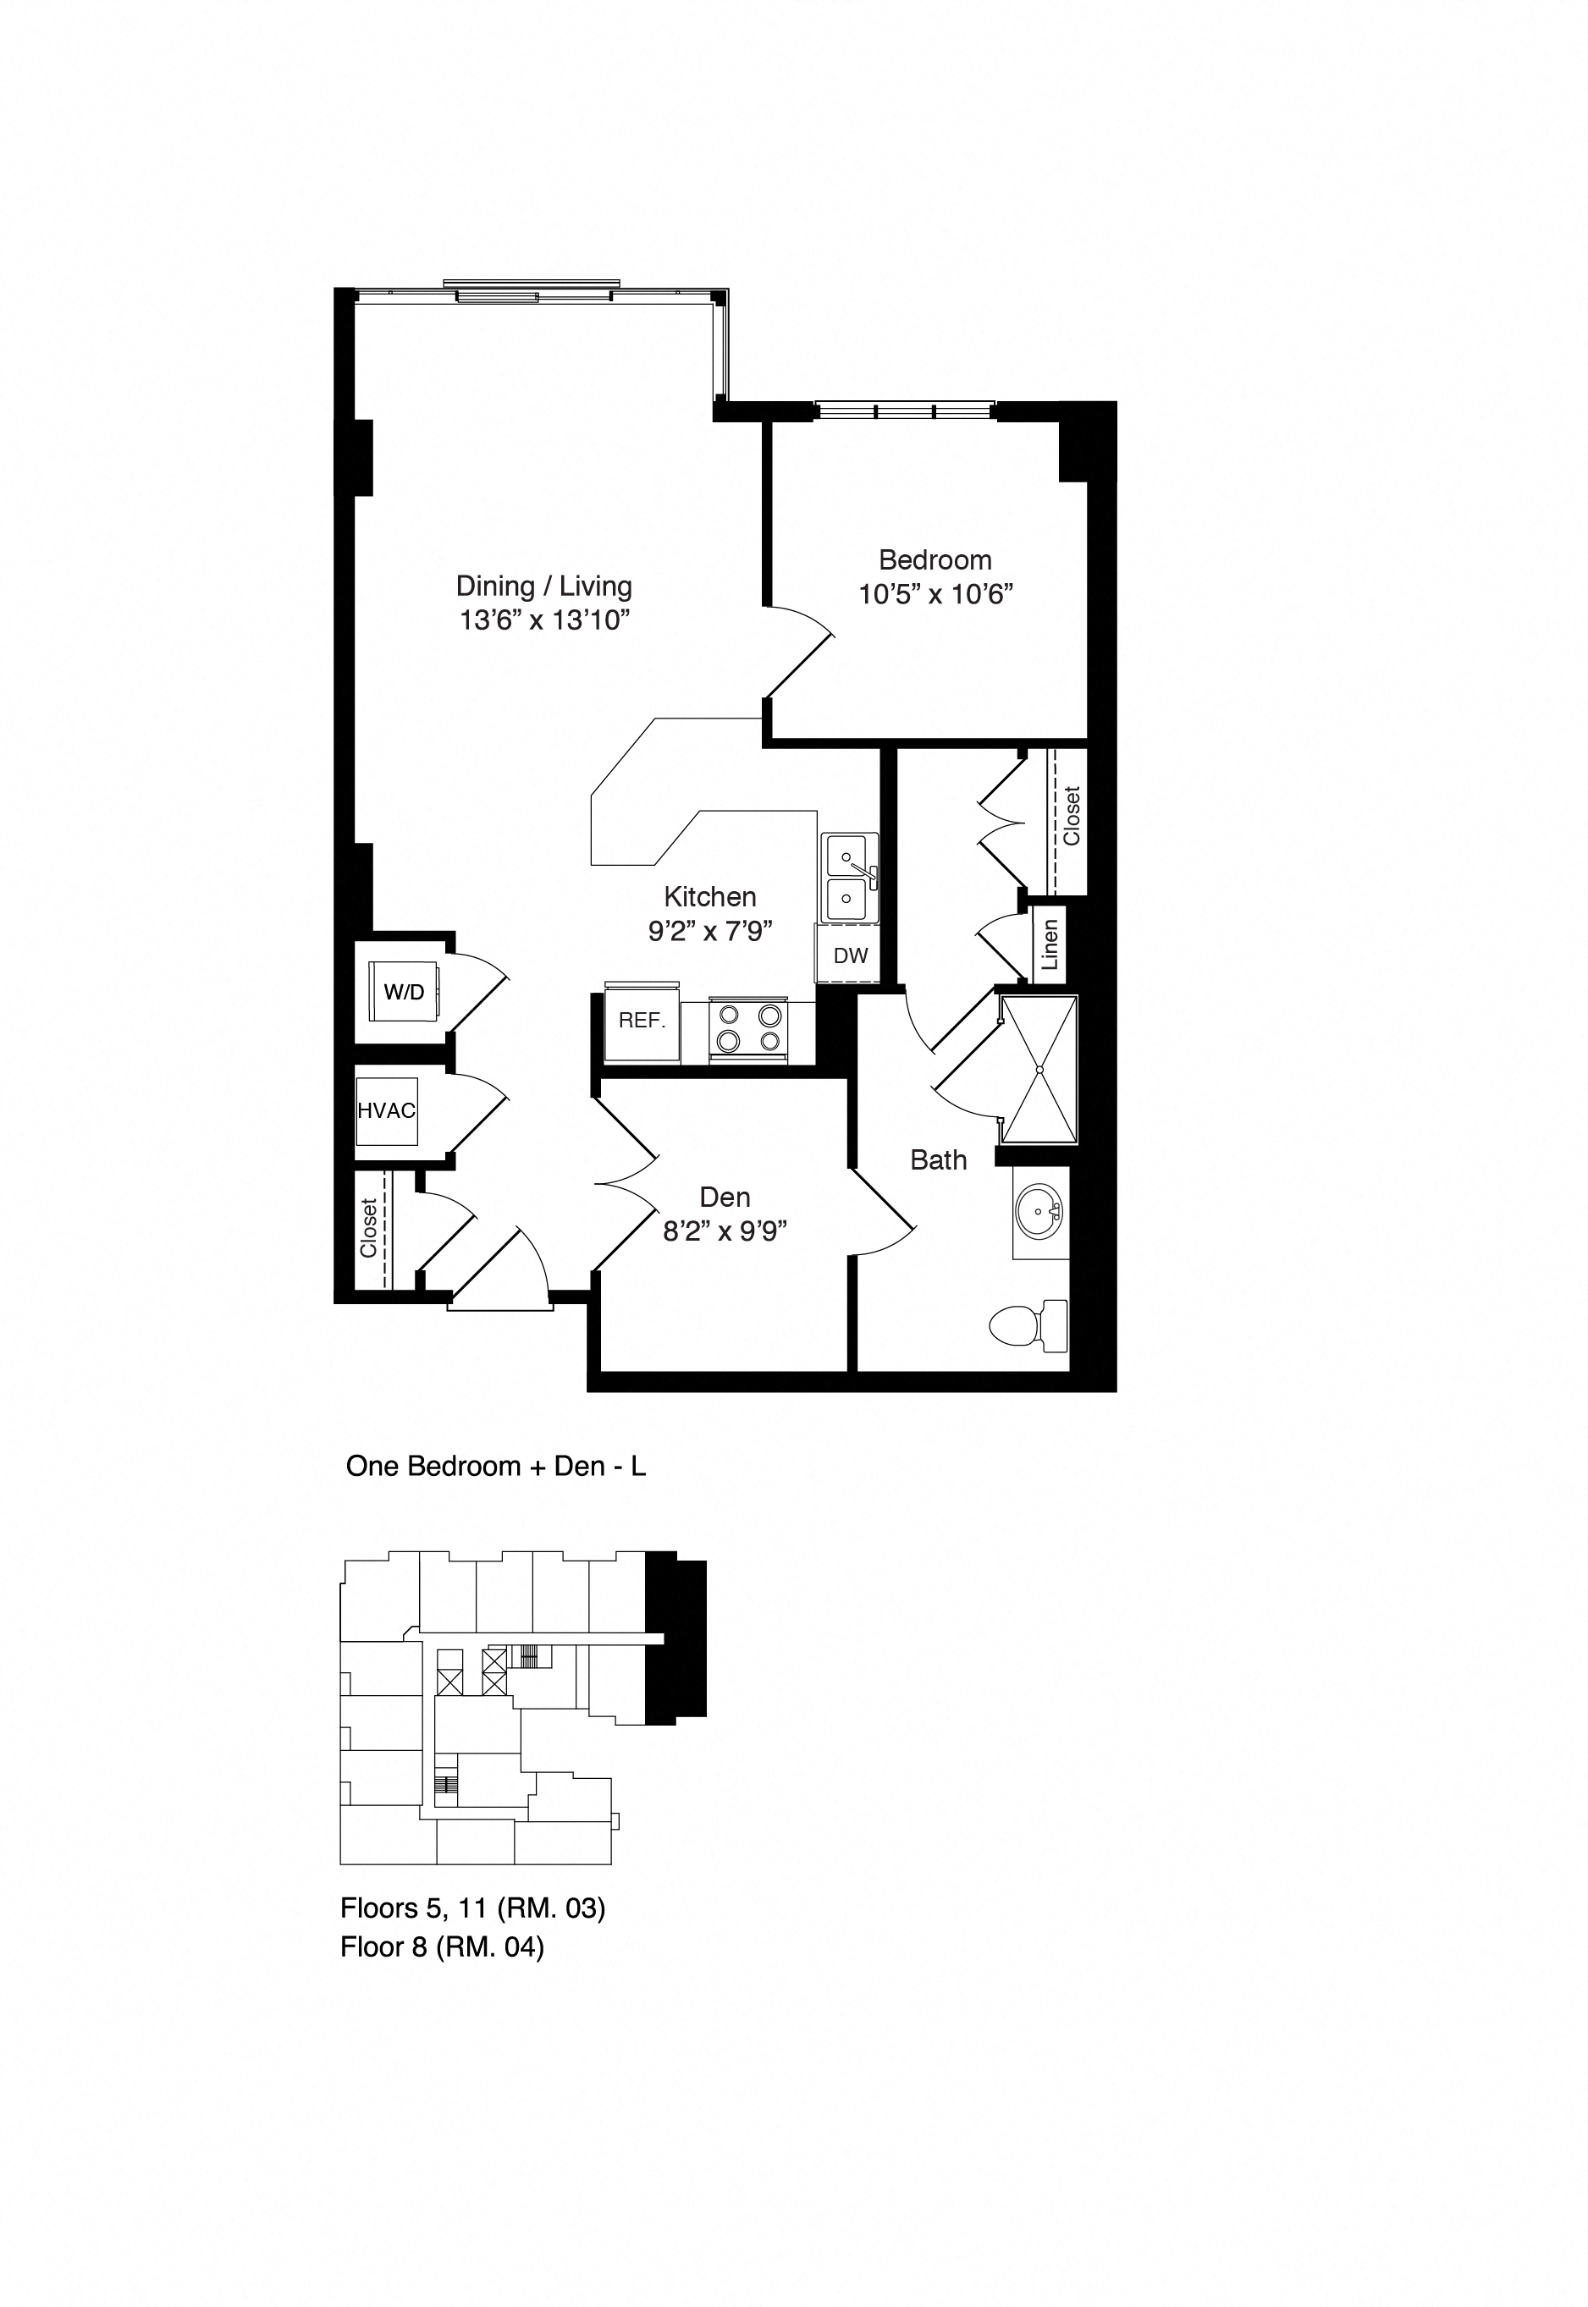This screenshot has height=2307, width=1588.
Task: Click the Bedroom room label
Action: coord(935,560)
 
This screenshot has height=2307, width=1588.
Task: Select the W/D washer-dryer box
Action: coord(404,991)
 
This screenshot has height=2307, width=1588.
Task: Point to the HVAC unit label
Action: coord(386,1110)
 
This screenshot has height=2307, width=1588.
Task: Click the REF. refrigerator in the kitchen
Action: coord(642,1021)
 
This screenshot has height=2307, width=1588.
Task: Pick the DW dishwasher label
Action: coord(850,956)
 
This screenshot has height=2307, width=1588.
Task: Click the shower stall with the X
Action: coord(1039,1070)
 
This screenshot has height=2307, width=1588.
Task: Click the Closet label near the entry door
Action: coord(368,1228)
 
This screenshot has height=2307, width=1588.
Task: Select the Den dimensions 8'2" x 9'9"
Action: coord(725,1232)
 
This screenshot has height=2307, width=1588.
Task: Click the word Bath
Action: coord(938,1160)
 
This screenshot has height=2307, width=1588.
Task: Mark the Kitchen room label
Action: coord(709,896)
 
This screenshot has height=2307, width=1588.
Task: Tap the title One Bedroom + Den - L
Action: coord(495,1467)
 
